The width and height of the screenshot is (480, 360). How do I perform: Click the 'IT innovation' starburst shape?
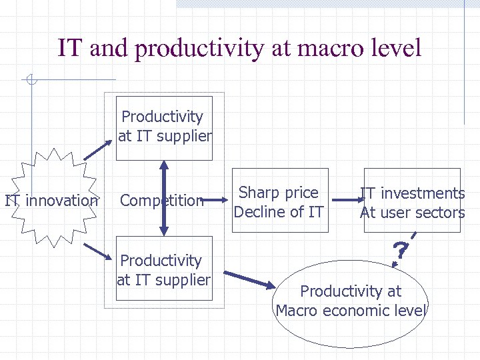click(x=51, y=200)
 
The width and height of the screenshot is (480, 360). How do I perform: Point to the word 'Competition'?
click(x=161, y=201)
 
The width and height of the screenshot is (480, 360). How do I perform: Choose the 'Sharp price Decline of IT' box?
click(x=279, y=202)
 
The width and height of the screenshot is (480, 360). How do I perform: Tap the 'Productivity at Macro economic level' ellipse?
click(x=351, y=301)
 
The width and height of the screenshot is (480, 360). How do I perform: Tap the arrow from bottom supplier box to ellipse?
click(x=249, y=279)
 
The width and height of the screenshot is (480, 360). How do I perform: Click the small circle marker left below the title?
click(x=30, y=81)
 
